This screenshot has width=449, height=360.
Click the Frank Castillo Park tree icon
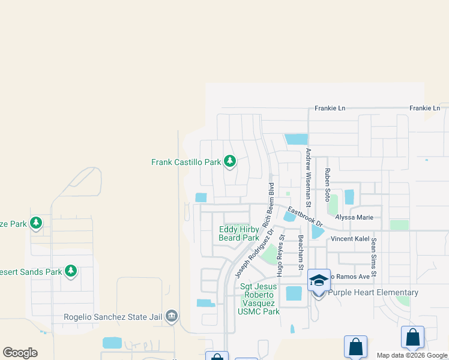click(x=229, y=161)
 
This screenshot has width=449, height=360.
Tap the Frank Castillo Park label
click(x=186, y=162)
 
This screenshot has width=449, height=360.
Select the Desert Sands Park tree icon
click(x=71, y=271)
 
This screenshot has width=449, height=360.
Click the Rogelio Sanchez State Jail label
click(x=113, y=317)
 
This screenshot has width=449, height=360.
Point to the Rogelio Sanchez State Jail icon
click(x=172, y=316)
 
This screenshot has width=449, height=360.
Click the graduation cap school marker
click(x=319, y=280)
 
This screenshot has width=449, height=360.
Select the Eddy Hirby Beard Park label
click(x=239, y=233)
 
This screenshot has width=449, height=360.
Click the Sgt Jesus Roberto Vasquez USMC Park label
click(x=259, y=299)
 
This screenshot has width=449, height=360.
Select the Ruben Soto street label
click(x=328, y=182)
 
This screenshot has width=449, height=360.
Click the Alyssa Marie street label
click(x=354, y=217)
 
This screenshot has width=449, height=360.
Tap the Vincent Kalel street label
click(x=351, y=239)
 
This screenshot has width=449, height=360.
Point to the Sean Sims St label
click(x=373, y=257)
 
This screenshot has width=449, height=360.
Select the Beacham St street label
click(x=301, y=251)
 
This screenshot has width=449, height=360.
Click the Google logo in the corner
click(x=20, y=353)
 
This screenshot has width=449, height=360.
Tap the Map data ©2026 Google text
click(x=411, y=355)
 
